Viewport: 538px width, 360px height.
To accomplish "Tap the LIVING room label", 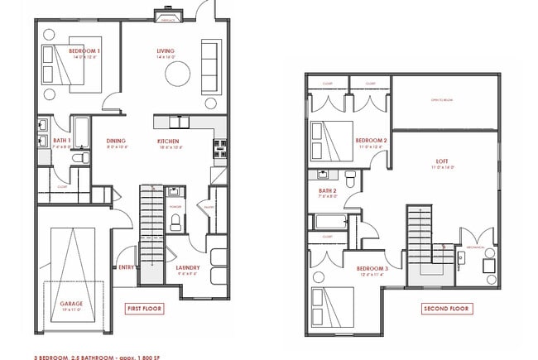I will tap(166, 51).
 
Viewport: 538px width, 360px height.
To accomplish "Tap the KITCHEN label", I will tap(168, 141).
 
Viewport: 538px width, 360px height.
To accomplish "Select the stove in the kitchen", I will tap(221, 149).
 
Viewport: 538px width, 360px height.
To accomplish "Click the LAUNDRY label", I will tap(187, 267).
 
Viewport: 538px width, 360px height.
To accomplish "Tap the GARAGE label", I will tap(71, 303).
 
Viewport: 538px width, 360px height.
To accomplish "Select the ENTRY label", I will tap(127, 267).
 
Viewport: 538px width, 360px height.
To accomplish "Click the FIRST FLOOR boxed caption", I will tap(144, 308).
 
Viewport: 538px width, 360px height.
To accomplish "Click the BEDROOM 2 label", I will tap(372, 141).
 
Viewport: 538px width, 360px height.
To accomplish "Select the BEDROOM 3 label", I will tap(372, 269).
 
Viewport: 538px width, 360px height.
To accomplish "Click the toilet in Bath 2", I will tap(351, 177).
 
